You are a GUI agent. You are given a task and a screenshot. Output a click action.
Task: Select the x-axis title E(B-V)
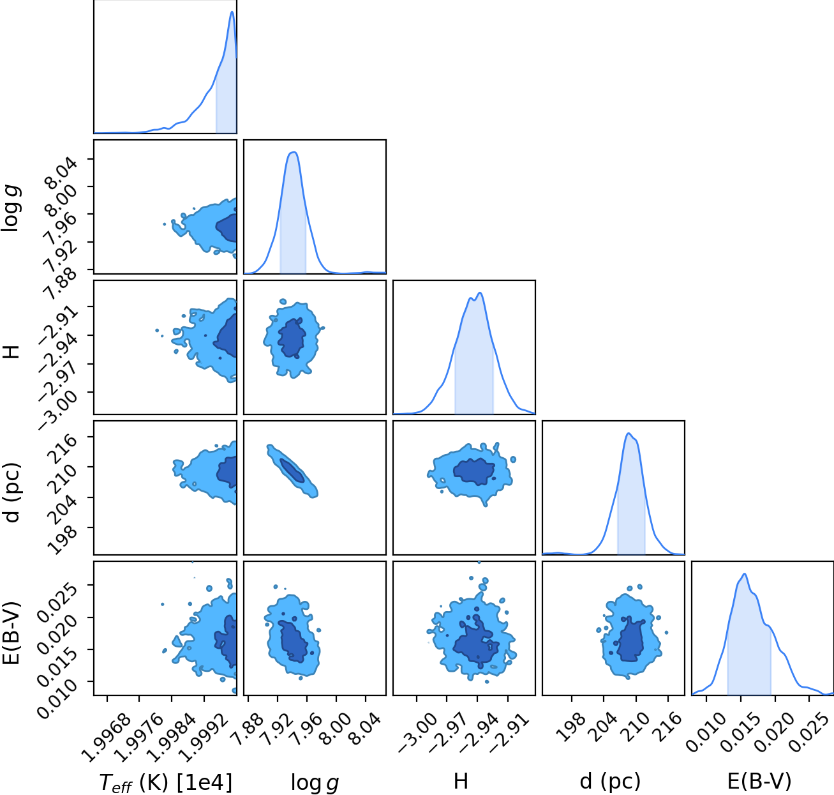point(759,780)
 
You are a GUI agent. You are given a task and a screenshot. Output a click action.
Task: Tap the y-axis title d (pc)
point(13,492)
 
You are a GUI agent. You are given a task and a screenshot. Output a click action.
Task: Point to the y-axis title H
point(12,352)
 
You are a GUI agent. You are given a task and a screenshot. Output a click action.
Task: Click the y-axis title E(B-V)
point(13,633)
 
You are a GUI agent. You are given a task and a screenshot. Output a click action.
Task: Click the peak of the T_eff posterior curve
point(232,11)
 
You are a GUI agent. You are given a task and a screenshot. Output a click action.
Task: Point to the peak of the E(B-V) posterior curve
point(745,574)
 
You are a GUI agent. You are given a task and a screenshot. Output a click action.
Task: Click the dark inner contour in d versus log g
point(292,471)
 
